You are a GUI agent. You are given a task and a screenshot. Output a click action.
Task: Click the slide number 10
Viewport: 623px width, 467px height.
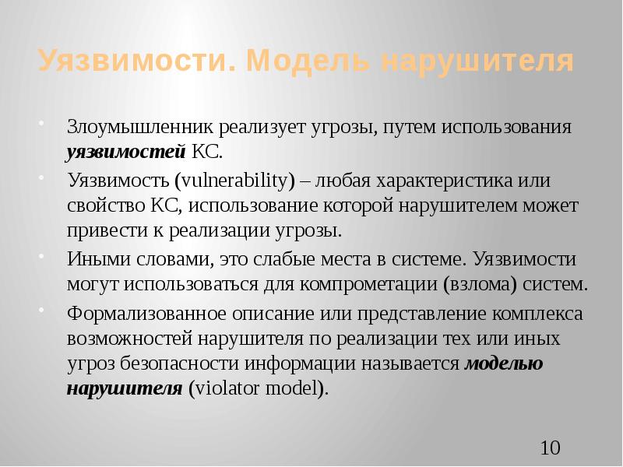click(550, 448)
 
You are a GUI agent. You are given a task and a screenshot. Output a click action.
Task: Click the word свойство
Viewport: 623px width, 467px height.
click(102, 206)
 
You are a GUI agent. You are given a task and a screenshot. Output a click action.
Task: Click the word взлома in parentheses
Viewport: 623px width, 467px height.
click(478, 283)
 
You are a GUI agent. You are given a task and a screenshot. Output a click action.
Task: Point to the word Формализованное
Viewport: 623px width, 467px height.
click(137, 314)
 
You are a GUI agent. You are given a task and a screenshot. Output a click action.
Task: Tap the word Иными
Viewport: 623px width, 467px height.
click(92, 258)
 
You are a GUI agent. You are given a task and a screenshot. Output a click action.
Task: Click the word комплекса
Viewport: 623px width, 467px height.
click(519, 314)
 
